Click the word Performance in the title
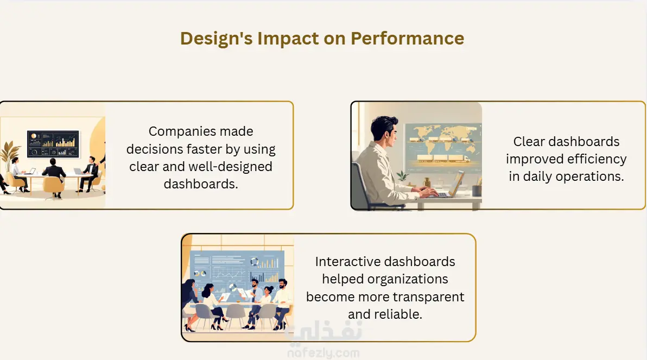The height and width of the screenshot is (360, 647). click(407, 39)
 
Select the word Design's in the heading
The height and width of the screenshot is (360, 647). click(216, 39)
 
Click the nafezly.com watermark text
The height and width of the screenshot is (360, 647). click(323, 353)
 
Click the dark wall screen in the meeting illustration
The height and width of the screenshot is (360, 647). click(53, 144)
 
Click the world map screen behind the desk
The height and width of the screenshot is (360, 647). click(443, 147)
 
